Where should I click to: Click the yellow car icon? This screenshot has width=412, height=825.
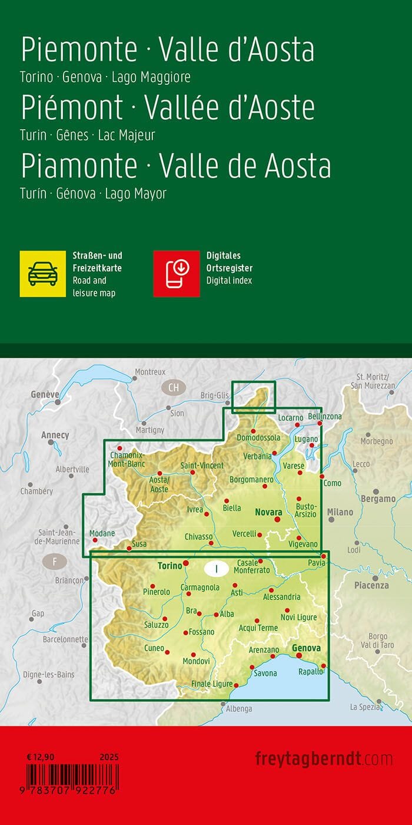(42, 273)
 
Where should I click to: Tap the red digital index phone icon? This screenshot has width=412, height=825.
(177, 273)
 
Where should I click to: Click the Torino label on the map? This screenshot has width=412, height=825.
(170, 566)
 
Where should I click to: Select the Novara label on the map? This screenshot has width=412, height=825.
(269, 512)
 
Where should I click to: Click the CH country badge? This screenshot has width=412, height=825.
(173, 388)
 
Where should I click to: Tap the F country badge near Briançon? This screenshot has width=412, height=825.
(55, 562)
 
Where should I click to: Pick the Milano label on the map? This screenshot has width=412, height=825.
(340, 512)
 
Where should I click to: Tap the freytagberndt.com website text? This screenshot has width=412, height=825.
(324, 758)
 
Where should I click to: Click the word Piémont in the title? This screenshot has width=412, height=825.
(72, 108)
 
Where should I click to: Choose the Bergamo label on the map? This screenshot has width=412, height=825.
(379, 499)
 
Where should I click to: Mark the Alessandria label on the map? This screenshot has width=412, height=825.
(281, 596)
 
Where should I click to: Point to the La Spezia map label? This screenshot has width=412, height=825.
(366, 707)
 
